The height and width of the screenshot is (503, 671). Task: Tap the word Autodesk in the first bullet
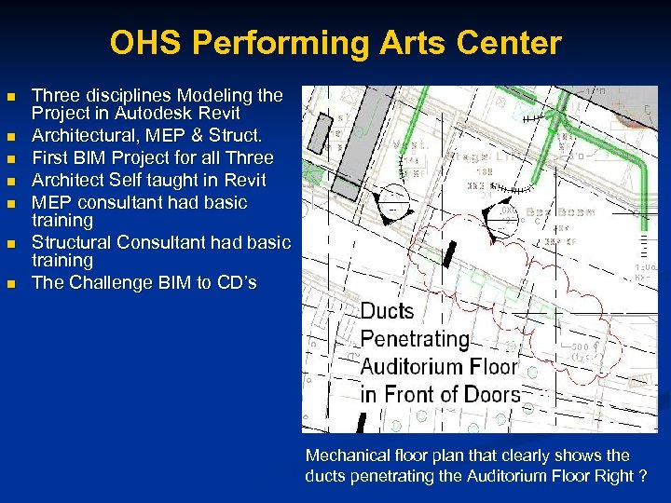(x=176, y=113)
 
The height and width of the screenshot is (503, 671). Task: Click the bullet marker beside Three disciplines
(x=11, y=97)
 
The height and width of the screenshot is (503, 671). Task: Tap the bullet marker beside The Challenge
(x=11, y=283)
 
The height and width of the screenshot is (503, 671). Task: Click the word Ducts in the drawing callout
(x=387, y=312)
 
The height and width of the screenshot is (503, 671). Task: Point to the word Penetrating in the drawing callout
(x=414, y=339)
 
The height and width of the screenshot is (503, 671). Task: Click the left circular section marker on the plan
(x=395, y=202)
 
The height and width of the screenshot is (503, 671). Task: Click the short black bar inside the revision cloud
(x=450, y=252)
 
